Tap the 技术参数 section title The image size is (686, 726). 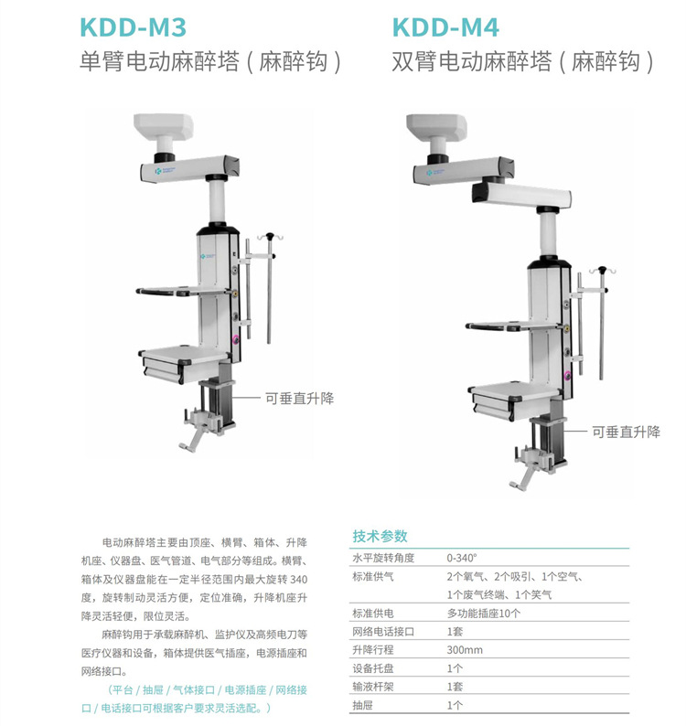[x=380, y=537]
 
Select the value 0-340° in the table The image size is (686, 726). [x=462, y=557]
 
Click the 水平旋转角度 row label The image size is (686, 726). [x=383, y=557]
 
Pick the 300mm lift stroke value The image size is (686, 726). [x=465, y=650]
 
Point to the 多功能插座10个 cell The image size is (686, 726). [x=483, y=614]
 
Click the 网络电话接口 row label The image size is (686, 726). [x=383, y=632]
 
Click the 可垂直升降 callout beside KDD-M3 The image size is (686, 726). [x=299, y=399]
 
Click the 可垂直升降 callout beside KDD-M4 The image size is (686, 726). [x=626, y=432]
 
